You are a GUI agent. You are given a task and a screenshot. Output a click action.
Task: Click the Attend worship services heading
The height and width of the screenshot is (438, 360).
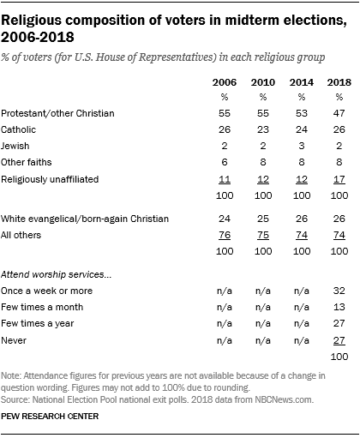[70, 273]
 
